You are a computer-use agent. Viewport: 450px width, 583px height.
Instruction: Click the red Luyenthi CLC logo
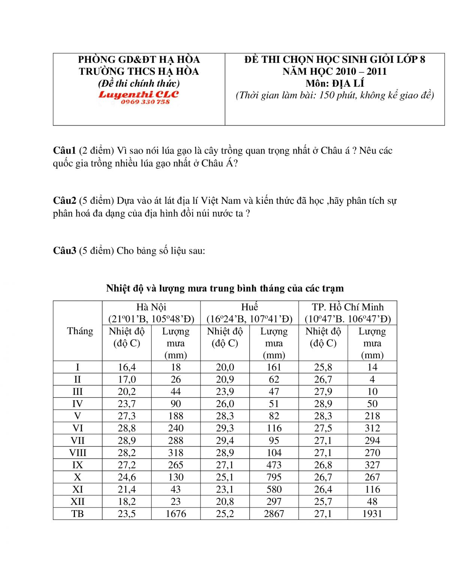139,95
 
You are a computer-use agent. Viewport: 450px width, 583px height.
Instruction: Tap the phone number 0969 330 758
145,102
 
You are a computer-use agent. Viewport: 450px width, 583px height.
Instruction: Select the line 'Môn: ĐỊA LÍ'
334,83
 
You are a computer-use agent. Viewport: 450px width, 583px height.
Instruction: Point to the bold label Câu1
64,151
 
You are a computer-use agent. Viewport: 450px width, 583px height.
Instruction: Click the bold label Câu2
64,200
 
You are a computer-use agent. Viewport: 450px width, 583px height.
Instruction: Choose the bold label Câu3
64,250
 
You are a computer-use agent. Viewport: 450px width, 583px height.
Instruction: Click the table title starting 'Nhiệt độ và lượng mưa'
225,288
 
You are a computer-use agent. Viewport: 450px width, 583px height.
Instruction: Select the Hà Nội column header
151,307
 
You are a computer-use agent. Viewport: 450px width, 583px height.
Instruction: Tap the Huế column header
249,307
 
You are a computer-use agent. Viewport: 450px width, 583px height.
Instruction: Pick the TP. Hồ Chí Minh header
348,307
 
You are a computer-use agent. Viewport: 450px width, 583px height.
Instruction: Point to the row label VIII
78,453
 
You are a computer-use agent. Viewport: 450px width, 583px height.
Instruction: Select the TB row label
78,514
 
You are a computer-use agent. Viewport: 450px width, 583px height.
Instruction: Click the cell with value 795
274,477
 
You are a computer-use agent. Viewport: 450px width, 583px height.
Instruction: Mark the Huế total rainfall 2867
274,514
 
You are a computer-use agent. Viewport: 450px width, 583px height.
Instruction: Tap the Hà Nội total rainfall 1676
175,514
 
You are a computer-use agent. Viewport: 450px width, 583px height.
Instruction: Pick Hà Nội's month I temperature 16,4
127,367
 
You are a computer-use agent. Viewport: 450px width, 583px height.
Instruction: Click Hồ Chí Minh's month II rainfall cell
372,379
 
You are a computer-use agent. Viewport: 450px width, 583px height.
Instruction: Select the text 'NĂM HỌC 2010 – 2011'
334,71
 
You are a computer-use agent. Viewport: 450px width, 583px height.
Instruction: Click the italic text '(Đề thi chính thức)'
139,83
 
